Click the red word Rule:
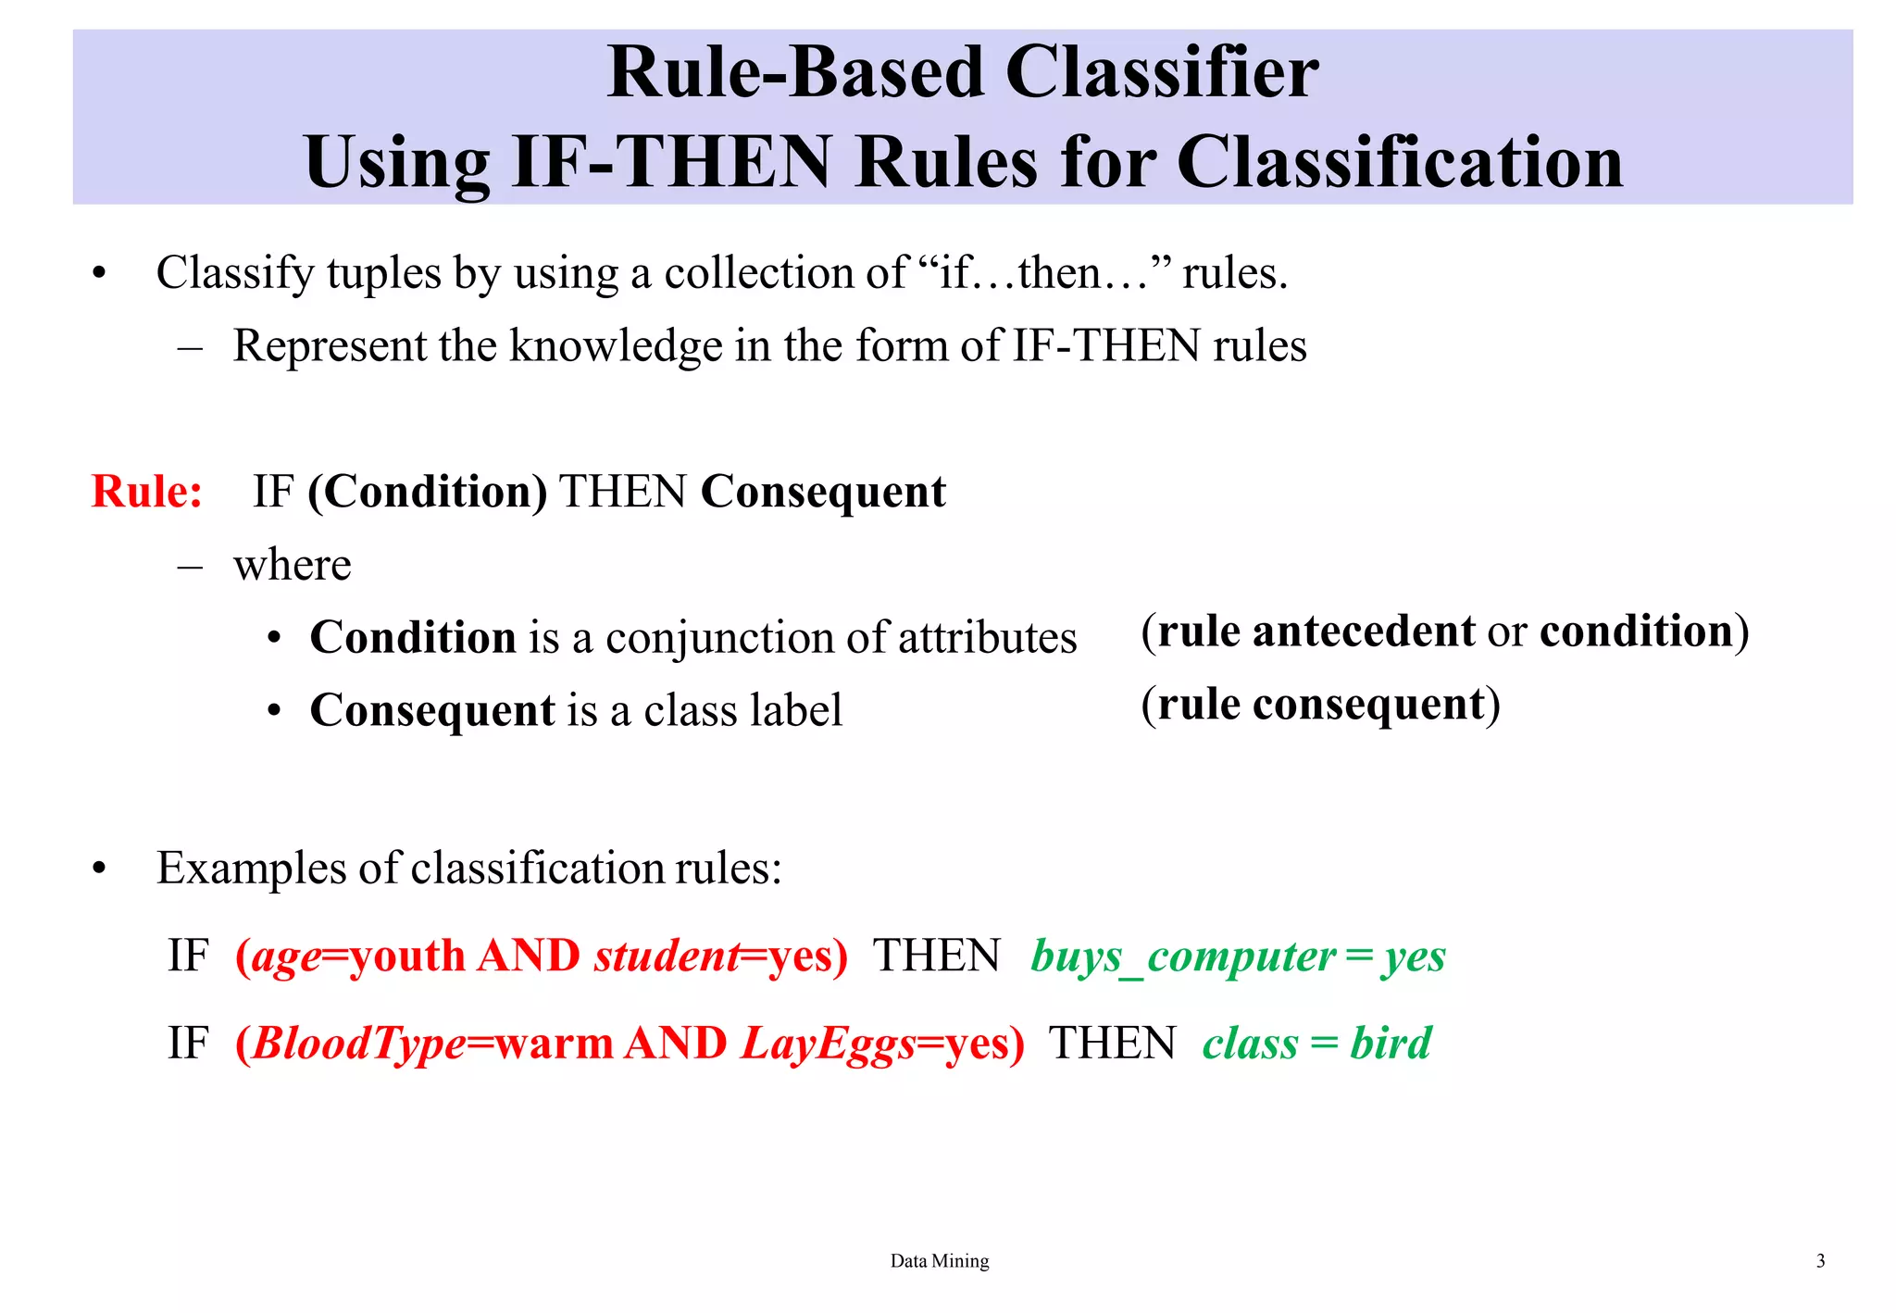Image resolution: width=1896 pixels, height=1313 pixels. [146, 492]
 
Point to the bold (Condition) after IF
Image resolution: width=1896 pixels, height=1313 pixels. [427, 492]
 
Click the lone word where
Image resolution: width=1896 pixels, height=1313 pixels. [292, 565]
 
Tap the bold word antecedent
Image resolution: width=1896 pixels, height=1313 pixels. [1364, 631]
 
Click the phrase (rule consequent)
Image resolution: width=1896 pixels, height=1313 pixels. [1320, 705]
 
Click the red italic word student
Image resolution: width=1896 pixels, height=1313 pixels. [667, 957]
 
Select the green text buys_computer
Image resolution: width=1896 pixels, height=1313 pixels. [1182, 957]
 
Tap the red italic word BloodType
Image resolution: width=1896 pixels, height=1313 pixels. [358, 1044]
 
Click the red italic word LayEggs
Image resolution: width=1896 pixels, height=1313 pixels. [828, 1044]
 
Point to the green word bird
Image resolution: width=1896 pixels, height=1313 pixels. [1390, 1044]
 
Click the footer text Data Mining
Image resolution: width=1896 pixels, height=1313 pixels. [939, 1261]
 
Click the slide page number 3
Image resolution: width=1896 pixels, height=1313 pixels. [1820, 1261]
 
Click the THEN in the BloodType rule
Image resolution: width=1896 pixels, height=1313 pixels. [1111, 1044]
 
